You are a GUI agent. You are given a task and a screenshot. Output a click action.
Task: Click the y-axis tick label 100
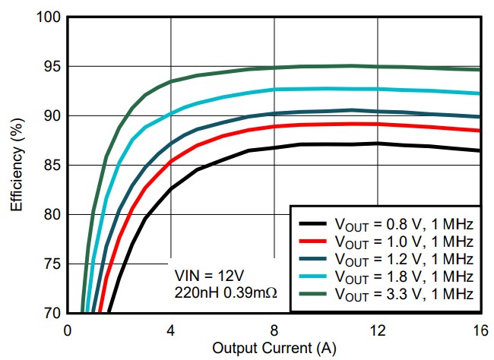point(49,17)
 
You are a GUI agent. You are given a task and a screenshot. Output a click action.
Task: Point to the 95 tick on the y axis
point(52,67)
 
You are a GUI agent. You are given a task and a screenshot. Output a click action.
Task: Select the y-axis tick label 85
point(52,165)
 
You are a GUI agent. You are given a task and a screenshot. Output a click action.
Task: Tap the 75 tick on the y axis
point(52,264)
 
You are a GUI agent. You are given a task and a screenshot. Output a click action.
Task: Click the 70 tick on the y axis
point(52,312)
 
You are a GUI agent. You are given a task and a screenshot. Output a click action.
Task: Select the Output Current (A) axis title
point(273,349)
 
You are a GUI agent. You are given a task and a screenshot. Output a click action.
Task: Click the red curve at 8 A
point(274,126)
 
